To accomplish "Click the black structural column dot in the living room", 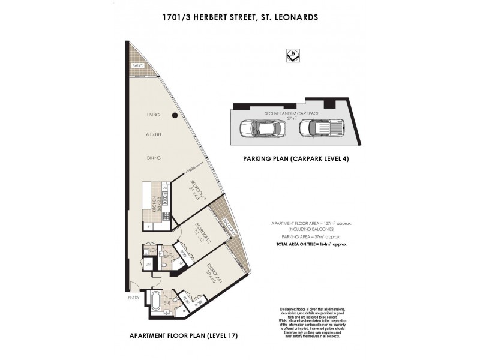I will (x=173, y=116).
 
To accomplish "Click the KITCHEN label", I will (x=154, y=205).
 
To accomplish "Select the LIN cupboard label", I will (x=148, y=265).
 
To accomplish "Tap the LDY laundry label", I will (x=153, y=250).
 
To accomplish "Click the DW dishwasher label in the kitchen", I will (x=164, y=188).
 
